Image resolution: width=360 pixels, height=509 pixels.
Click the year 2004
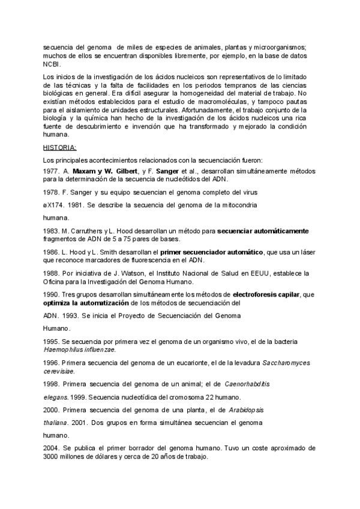50,448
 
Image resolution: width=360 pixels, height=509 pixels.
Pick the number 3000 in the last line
51,457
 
